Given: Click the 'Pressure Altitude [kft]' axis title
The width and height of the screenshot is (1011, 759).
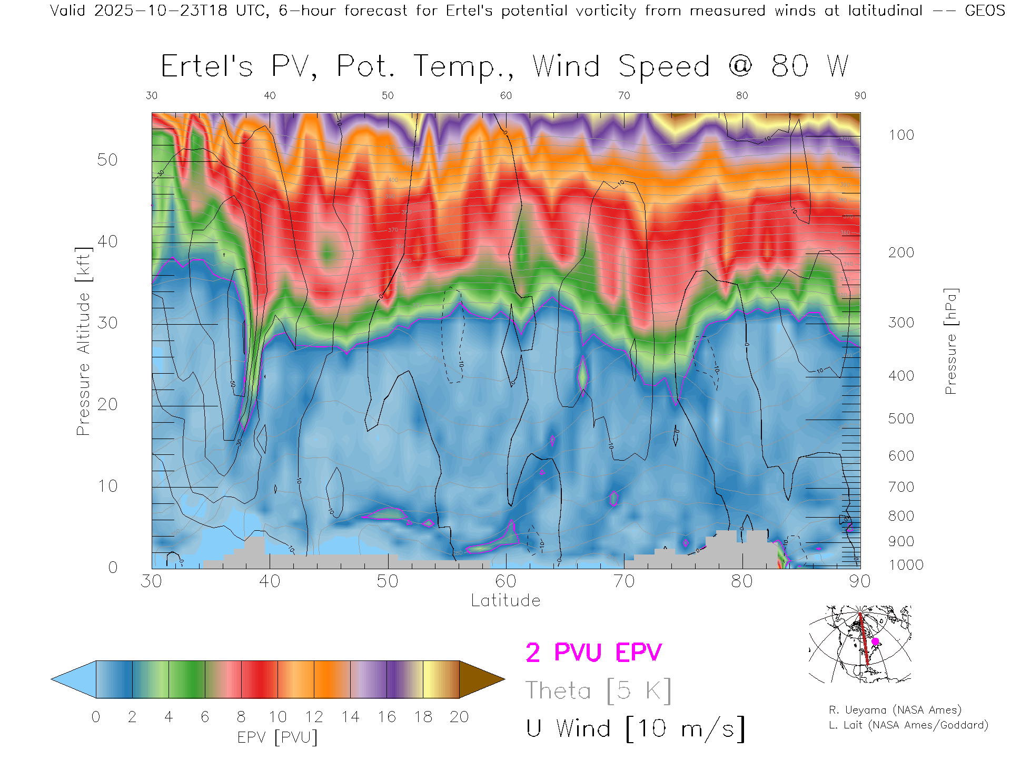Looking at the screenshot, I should click(83, 342).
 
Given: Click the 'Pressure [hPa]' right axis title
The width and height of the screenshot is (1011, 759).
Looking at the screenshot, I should click(950, 342).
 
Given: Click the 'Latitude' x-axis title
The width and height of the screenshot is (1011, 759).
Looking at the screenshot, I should click(506, 601).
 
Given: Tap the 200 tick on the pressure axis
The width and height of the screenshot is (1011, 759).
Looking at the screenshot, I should click(901, 252).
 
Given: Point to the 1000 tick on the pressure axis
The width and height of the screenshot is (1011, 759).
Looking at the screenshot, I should click(906, 565).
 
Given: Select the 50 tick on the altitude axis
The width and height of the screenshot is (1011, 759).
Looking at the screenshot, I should click(107, 160).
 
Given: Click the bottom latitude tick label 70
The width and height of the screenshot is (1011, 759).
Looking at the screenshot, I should click(624, 581).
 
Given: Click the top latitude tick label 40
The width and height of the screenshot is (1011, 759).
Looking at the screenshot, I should click(270, 95).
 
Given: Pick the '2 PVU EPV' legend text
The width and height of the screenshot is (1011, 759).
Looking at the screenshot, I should click(593, 653).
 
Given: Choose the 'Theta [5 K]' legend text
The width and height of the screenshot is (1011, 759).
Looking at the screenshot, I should click(598, 690).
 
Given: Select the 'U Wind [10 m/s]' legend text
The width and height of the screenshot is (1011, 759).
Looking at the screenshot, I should click(636, 729).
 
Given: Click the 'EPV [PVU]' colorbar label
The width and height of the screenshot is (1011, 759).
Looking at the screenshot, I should click(277, 737).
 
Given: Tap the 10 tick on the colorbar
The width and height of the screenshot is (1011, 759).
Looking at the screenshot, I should click(277, 717).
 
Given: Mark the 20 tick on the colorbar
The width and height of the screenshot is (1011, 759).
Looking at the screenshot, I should click(459, 717).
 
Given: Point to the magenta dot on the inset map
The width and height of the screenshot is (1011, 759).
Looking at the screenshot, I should click(875, 641).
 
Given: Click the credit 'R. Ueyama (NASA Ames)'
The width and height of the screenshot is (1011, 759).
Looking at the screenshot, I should click(895, 710).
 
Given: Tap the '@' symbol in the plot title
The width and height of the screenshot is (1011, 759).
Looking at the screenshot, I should click(740, 66).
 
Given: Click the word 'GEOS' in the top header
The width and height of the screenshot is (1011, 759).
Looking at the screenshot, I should click(985, 11).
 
